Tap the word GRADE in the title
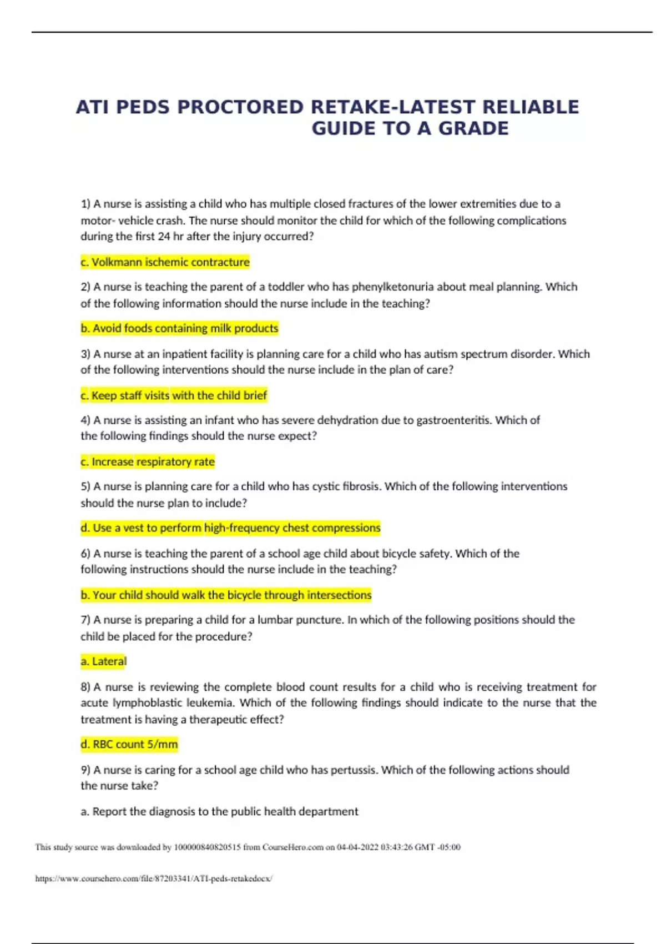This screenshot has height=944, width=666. (473, 128)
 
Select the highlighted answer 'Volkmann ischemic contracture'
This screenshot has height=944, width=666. (165, 262)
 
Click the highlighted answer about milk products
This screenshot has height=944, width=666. (179, 328)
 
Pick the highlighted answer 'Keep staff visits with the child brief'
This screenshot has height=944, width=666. (174, 395)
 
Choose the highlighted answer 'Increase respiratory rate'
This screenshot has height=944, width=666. (148, 461)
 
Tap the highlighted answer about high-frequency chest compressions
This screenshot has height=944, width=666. (230, 528)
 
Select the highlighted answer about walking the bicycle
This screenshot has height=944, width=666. (226, 595)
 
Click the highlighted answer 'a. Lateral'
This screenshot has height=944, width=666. (104, 661)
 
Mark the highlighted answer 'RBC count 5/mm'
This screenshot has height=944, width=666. (129, 744)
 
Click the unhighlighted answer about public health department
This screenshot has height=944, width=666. (219, 811)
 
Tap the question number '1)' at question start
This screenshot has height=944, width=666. (85, 204)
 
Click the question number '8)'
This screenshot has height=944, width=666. (85, 687)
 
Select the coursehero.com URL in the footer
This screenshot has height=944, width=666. (154, 878)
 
